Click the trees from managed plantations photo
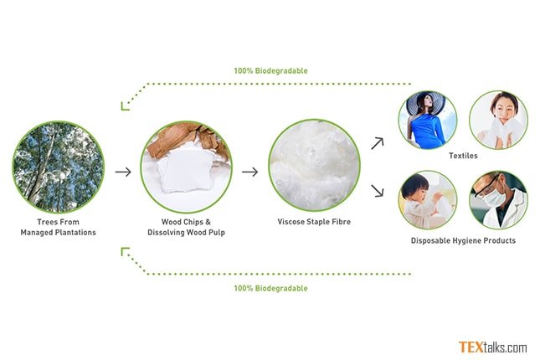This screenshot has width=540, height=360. [x=59, y=167]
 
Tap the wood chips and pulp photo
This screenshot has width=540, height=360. [x=187, y=167]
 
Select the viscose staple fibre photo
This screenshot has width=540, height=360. [x=315, y=166]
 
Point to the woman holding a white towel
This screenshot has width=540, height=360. [x=499, y=121]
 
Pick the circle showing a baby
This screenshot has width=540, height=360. [x=428, y=200]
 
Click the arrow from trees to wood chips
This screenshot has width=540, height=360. [x=123, y=172]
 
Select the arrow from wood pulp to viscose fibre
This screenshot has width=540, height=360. [x=250, y=172]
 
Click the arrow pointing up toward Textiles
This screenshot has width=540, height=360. [x=378, y=143]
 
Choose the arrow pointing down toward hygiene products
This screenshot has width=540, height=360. [x=378, y=191]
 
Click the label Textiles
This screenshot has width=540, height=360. [x=463, y=156]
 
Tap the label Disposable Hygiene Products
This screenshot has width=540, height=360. [x=463, y=240]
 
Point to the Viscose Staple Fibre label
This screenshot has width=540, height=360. [x=315, y=222]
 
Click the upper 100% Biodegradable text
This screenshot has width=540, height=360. [x=271, y=71]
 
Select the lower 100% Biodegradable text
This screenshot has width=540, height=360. [x=271, y=288]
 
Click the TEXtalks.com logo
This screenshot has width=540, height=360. [x=493, y=347]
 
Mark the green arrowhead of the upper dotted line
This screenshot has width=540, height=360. [x=125, y=106]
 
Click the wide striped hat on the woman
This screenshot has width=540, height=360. [x=425, y=102]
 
